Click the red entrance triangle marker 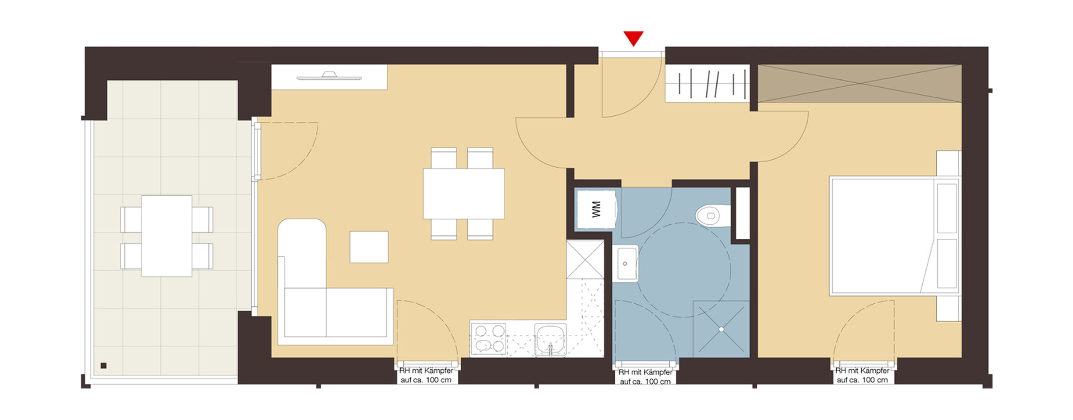click(x=633, y=38)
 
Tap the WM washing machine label click(x=596, y=209)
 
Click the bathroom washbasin click(x=628, y=263)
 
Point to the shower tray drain click(x=721, y=329)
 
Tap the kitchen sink click(x=550, y=339)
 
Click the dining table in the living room click(x=464, y=194)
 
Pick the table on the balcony click(x=167, y=235)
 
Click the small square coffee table click(x=369, y=247)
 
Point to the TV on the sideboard click(x=328, y=75)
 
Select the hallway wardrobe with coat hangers click(x=707, y=83)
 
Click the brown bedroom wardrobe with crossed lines click(x=860, y=84)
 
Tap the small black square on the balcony click(x=103, y=366)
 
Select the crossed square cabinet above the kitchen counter click(x=585, y=259)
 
